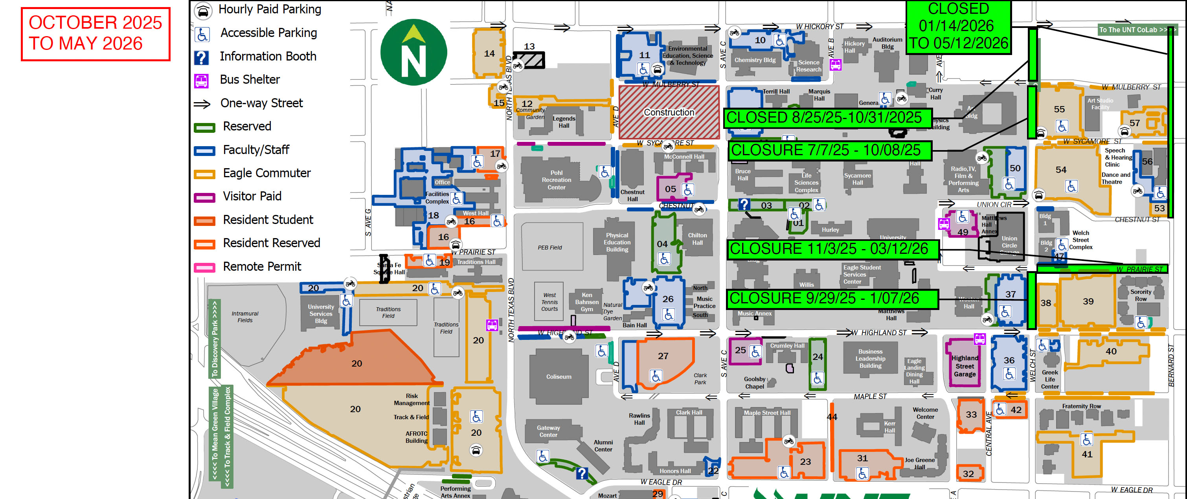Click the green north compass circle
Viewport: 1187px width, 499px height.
click(413, 52)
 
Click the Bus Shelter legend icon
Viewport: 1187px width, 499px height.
click(201, 81)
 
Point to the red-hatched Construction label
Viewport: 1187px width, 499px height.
click(669, 112)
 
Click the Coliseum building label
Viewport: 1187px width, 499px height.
click(559, 377)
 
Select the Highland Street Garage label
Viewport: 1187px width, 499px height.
click(965, 366)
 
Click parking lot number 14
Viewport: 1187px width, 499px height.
click(489, 53)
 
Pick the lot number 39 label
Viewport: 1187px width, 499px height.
click(1088, 301)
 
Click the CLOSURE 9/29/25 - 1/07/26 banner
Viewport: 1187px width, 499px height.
click(832, 299)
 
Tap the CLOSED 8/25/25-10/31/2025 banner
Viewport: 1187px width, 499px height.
click(827, 118)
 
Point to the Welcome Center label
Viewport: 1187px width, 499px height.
click(925, 413)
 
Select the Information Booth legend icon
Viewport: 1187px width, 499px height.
click(201, 57)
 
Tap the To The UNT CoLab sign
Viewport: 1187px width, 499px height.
click(1136, 30)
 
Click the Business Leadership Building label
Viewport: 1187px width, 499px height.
click(870, 358)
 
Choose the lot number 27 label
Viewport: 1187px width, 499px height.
click(663, 356)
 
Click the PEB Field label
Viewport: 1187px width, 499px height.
click(549, 248)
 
